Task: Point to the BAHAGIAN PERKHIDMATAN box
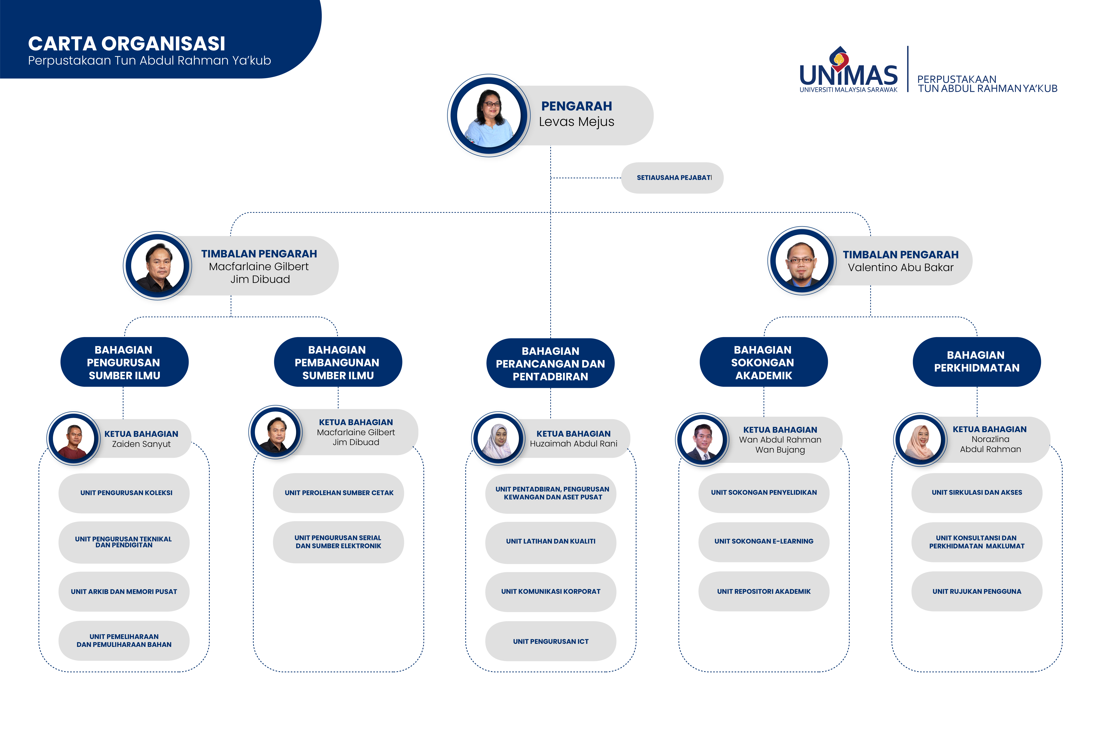click(x=977, y=362)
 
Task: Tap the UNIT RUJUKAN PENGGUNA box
click(x=977, y=591)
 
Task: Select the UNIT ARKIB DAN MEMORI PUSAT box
click(x=124, y=592)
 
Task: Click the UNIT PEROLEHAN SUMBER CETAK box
click(x=339, y=493)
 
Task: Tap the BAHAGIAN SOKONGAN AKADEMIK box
click(x=764, y=362)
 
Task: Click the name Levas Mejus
click(x=576, y=122)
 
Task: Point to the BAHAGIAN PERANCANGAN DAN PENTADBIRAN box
click(x=550, y=363)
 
